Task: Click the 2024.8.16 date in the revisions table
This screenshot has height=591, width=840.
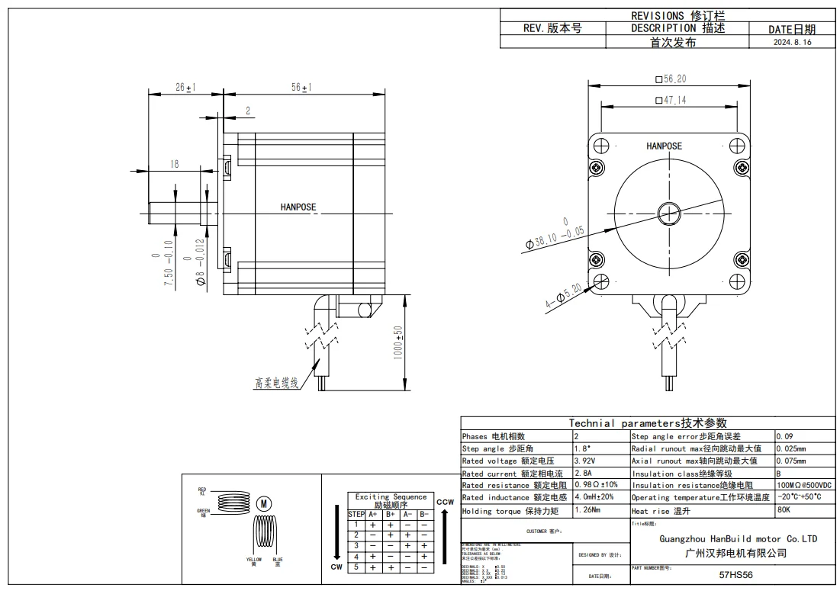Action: click(x=792, y=43)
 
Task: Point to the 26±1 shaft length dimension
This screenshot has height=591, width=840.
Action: click(x=185, y=88)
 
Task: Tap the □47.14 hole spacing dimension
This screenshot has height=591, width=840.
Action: click(x=671, y=100)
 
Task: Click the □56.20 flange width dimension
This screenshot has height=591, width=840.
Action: click(x=671, y=79)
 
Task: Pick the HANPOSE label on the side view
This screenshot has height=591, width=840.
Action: click(x=298, y=207)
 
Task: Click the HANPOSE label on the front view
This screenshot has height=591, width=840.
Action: click(x=664, y=146)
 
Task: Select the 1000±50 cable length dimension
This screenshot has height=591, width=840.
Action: click(x=397, y=345)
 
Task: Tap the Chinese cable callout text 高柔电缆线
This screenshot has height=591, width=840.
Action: click(x=277, y=383)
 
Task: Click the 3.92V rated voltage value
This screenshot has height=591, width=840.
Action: click(x=584, y=461)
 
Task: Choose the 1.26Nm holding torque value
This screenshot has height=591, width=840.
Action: click(x=587, y=509)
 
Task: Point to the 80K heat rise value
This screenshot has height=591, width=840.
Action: click(x=784, y=510)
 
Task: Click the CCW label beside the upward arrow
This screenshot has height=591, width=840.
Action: click(x=445, y=502)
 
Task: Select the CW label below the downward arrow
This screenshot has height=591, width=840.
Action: click(x=336, y=567)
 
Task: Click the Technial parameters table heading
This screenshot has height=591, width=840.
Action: click(x=648, y=422)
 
